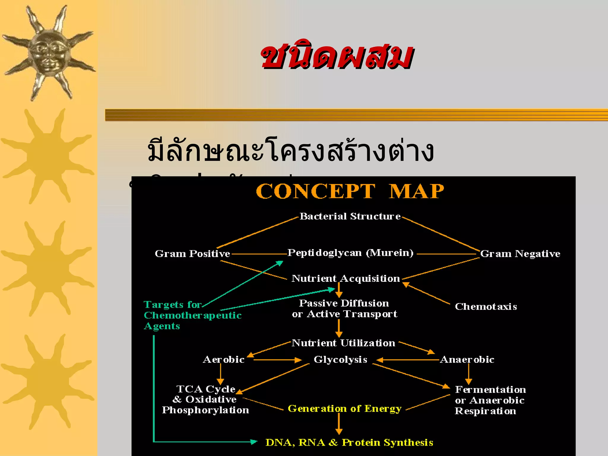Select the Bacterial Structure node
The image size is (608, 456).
[350, 216]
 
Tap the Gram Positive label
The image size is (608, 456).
[192, 254]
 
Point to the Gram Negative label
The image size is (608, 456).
[520, 254]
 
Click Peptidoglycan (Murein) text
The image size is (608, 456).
[350, 253]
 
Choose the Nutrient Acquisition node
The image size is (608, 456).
[346, 278]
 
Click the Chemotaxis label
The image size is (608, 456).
[486, 307]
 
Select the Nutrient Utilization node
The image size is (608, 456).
[343, 343]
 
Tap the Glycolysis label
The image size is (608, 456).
[340, 360]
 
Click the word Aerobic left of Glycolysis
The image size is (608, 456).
[224, 360]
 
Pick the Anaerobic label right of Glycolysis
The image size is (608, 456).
[467, 360]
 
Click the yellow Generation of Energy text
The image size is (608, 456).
[344, 409]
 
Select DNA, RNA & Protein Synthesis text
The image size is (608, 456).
[349, 443]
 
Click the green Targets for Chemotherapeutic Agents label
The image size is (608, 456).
[192, 315]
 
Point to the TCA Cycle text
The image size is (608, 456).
[206, 389]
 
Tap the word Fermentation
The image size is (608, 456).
[490, 389]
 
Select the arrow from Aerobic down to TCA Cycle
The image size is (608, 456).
[220, 374]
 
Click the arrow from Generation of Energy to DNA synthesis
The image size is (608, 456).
[339, 424]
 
